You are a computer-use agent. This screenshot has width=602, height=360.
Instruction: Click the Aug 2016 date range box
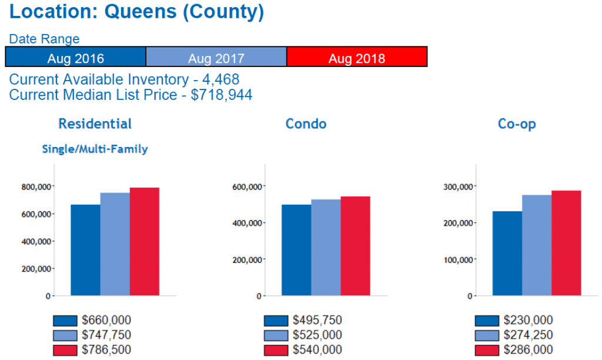point(75,58)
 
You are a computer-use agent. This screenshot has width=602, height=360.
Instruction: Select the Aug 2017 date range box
point(216,58)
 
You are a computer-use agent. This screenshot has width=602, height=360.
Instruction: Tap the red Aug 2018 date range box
point(356,58)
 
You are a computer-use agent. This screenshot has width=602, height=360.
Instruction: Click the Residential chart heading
point(95,124)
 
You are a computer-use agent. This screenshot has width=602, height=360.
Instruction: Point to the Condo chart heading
point(306,124)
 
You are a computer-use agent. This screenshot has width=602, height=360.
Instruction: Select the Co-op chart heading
point(517,124)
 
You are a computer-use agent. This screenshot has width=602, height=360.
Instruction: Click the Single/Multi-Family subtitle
point(95,149)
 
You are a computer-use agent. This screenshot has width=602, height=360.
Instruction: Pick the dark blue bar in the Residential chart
point(85,250)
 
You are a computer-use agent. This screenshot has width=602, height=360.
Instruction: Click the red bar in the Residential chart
point(145,241)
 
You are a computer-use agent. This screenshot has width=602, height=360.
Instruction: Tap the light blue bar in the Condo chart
point(326,247)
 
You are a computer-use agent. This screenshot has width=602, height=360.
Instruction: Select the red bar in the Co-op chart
point(566,243)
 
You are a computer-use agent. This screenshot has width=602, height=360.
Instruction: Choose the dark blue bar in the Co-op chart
point(507,253)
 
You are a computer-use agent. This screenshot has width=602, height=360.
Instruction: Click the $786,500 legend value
point(106,350)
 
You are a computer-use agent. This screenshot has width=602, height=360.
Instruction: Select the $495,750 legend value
point(317,321)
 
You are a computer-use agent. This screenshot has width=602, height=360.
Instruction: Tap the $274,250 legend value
point(529,335)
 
